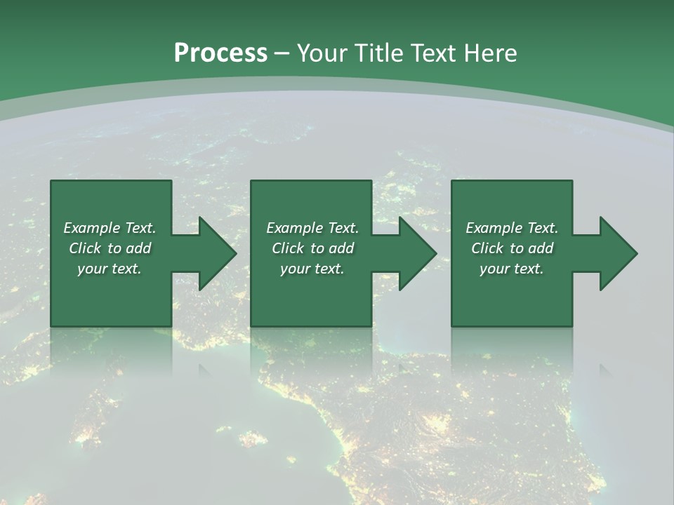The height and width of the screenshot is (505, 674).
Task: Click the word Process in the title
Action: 220,53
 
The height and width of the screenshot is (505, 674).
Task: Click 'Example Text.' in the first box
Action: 110,228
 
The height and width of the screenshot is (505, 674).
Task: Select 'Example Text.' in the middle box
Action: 312,228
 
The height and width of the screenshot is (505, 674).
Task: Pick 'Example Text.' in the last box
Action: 512,228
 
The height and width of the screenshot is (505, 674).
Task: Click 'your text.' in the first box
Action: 110,269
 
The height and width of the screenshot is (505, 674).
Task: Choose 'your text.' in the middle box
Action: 312,269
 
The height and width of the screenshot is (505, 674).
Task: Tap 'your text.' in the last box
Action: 512,269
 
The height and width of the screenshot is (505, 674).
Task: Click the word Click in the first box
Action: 85,248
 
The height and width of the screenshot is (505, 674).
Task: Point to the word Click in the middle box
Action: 288,248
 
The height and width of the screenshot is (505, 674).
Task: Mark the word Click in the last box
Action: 487,248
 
